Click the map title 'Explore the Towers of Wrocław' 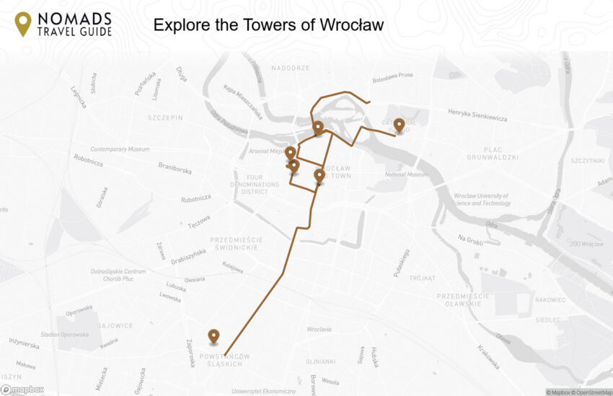point(268,25)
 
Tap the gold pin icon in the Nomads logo point(23,23)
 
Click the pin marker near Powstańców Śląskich point(213,336)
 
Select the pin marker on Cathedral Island point(399,126)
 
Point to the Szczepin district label point(166,118)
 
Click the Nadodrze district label point(291,69)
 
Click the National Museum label point(407,175)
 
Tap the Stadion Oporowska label point(65,335)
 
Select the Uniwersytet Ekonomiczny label point(264,391)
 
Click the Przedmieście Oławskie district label point(463,299)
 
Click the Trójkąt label point(422,278)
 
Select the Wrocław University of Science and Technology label point(482,200)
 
